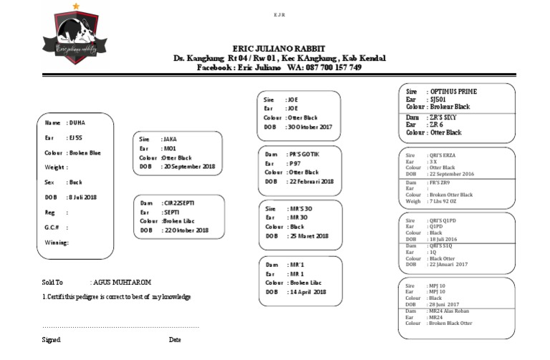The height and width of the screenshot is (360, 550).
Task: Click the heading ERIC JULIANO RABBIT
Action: pyautogui.click(x=279, y=48)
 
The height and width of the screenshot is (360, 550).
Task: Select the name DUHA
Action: pyautogui.click(x=77, y=123)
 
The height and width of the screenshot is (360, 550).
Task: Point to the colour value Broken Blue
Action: pyautogui.click(x=85, y=152)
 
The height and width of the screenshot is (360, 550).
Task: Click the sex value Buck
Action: pyautogui.click(x=75, y=183)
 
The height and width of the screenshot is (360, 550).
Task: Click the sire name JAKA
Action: pyautogui.click(x=170, y=139)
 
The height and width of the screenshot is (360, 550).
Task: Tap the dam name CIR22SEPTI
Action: pyautogui.click(x=179, y=203)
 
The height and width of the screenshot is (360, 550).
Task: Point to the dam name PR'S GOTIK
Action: pyautogui.click(x=303, y=155)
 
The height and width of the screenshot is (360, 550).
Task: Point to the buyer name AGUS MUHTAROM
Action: pyautogui.click(x=120, y=283)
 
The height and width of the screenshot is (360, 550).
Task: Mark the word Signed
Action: pyautogui.click(x=51, y=340)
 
